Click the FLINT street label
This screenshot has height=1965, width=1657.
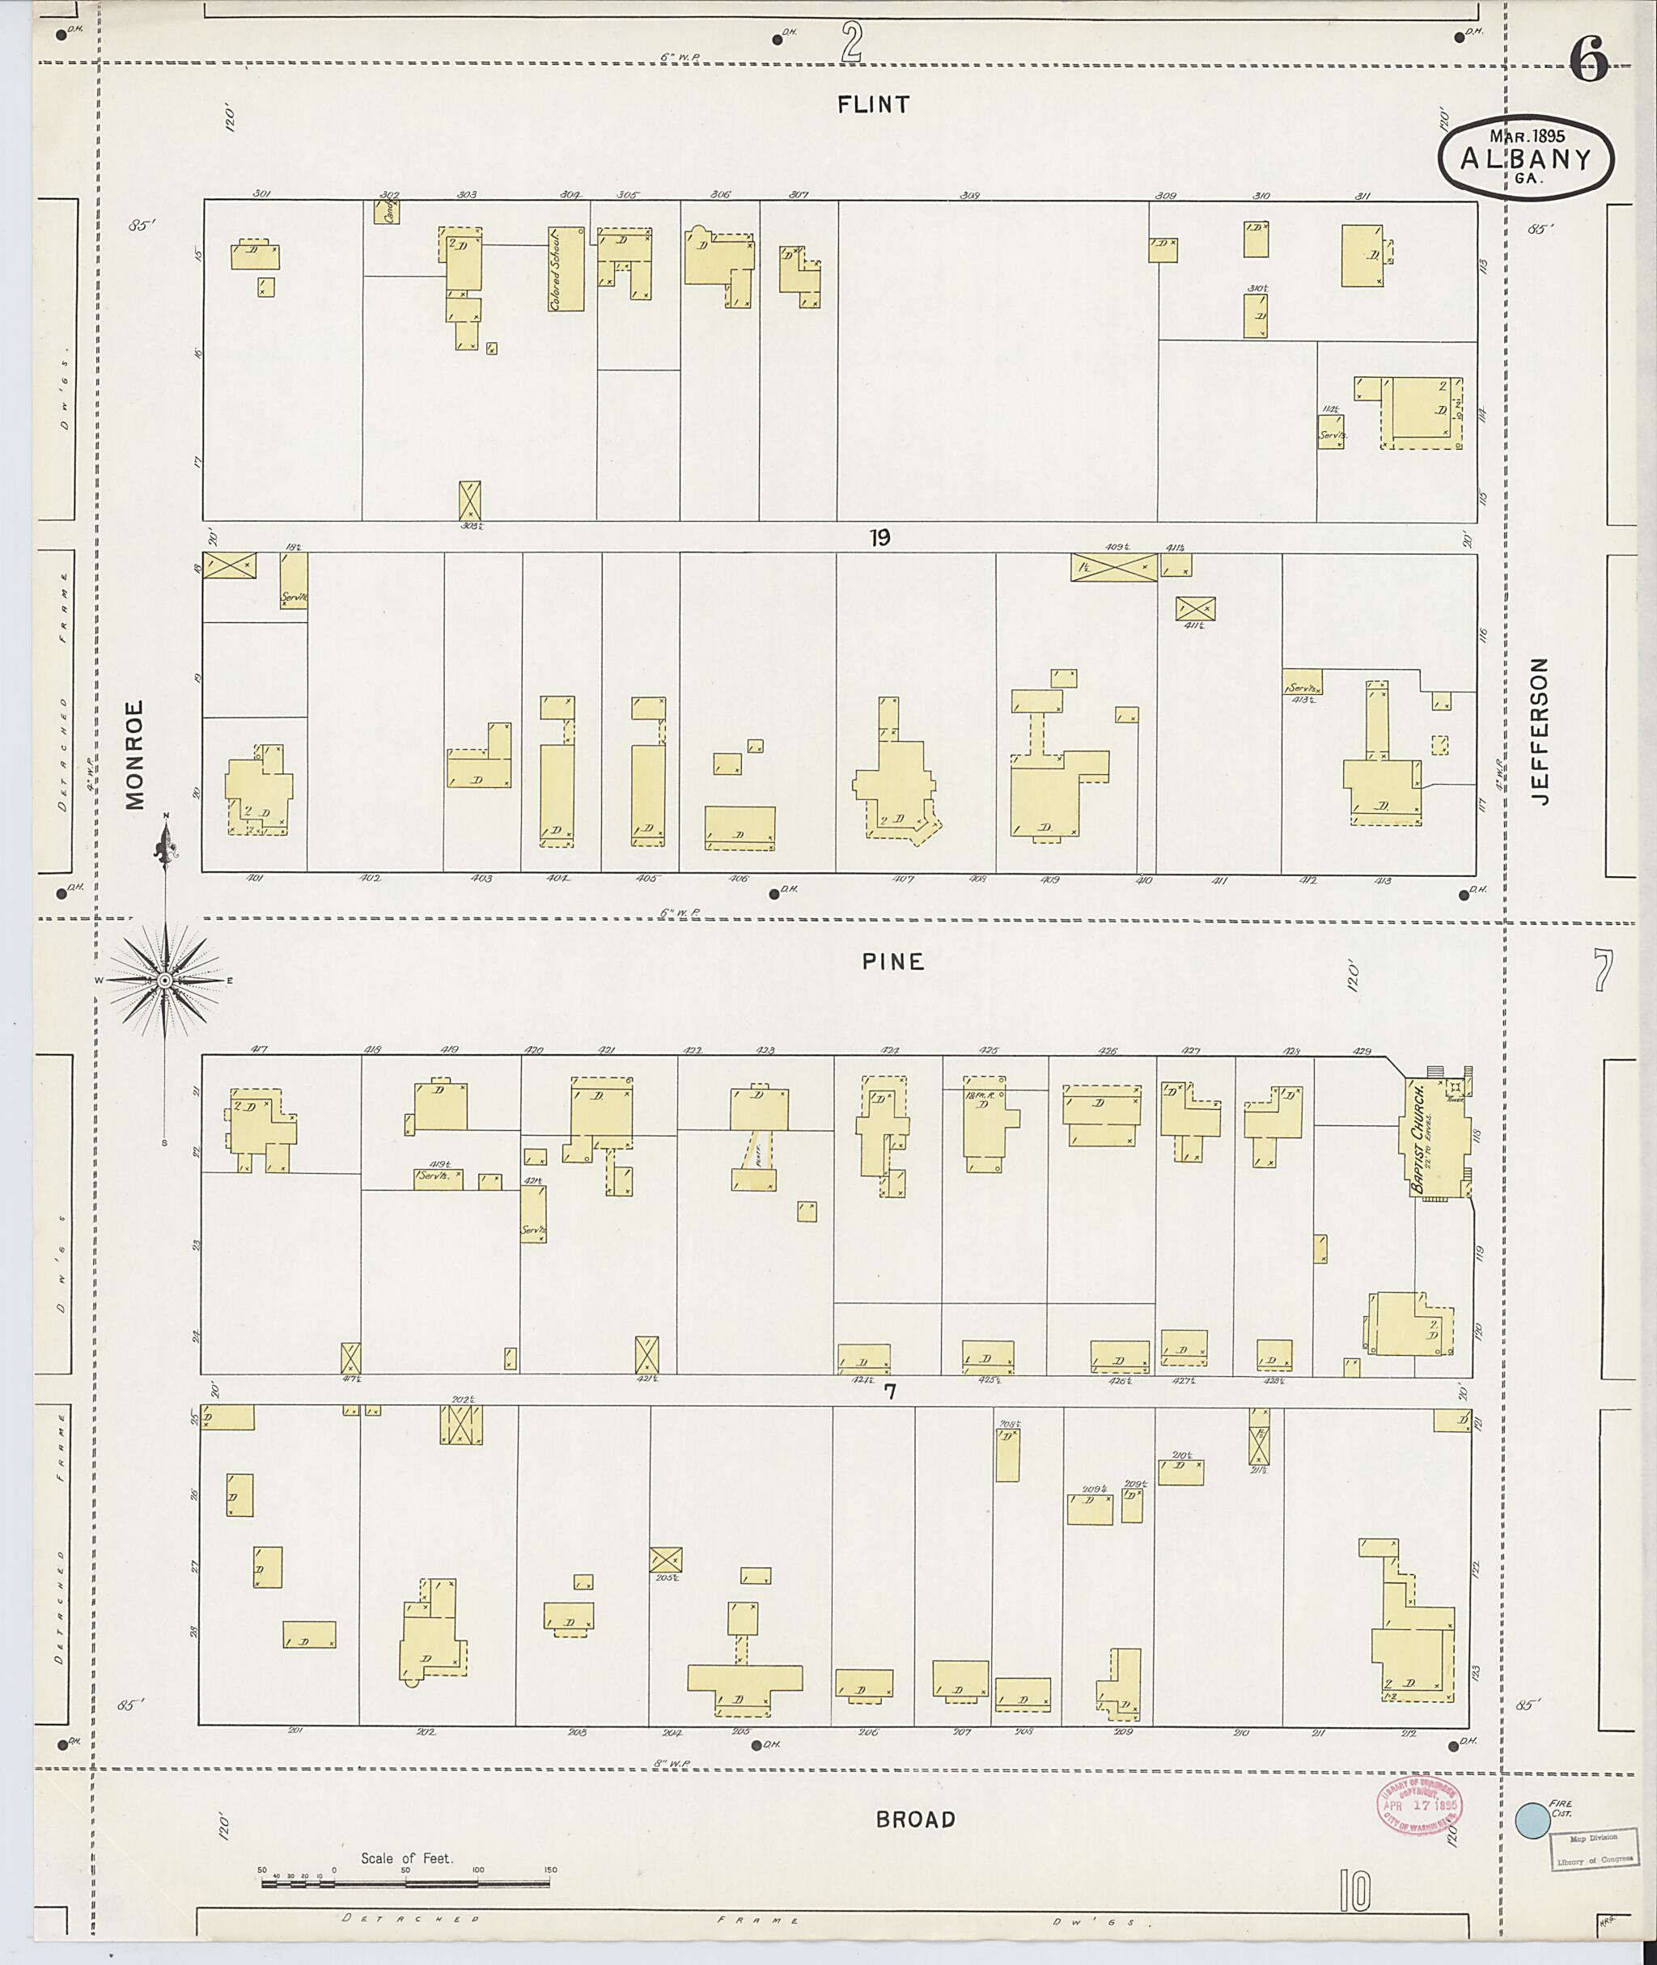(x=874, y=104)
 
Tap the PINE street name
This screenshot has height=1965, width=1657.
(x=893, y=961)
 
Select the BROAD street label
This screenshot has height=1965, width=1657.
(x=915, y=1819)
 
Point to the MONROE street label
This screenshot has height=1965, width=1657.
(x=135, y=754)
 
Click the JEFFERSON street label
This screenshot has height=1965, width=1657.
(x=1539, y=731)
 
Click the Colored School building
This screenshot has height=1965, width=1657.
(x=566, y=269)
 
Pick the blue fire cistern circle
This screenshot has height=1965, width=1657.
(x=1533, y=1820)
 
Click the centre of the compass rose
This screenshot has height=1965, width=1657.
(x=165, y=980)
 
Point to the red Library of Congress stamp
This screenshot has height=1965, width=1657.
(x=1419, y=1804)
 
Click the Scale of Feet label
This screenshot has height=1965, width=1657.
(x=407, y=1859)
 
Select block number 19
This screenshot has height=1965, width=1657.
(x=879, y=538)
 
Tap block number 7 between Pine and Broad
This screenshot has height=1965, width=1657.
(x=889, y=1392)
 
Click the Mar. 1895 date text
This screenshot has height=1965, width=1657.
(x=1528, y=136)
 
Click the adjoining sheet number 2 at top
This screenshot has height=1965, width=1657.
(x=852, y=43)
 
